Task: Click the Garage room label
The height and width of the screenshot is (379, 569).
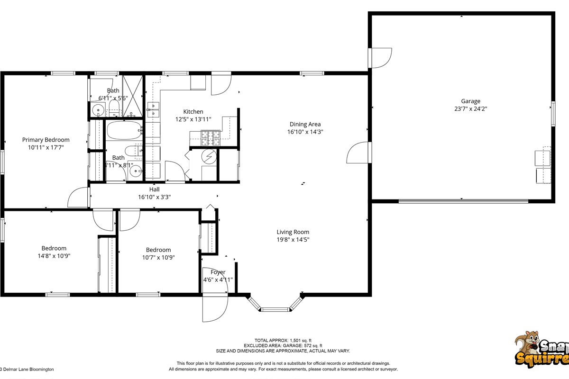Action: click(470, 101)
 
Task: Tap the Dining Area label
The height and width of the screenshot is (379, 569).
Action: click(305, 125)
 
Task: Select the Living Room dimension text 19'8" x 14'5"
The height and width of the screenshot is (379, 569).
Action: click(293, 240)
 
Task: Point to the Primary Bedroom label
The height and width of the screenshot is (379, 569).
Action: click(46, 140)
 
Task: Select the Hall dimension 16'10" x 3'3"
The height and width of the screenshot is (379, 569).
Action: click(154, 197)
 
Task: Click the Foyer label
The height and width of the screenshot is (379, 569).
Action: click(218, 272)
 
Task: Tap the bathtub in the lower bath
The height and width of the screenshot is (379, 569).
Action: click(123, 130)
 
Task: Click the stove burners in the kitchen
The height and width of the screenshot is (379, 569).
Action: click(211, 138)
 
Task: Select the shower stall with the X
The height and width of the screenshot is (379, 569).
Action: click(133, 96)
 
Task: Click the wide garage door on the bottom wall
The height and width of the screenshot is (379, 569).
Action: click(463, 201)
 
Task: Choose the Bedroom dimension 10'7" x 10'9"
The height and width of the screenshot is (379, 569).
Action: click(158, 258)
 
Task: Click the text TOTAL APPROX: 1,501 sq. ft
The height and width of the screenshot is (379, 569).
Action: click(283, 341)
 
